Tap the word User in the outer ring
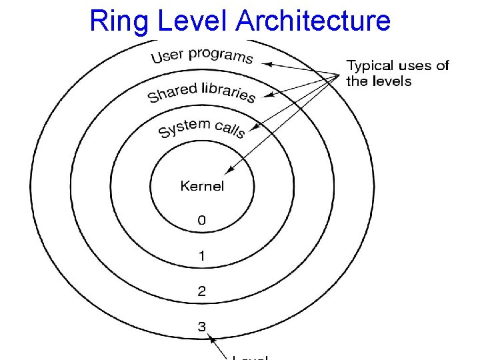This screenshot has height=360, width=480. [167, 55]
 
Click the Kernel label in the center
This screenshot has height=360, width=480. [202, 186]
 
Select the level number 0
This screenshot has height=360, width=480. [201, 220]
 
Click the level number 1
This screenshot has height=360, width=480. [201, 255]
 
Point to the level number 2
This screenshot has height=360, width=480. [201, 291]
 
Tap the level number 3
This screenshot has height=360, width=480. [201, 327]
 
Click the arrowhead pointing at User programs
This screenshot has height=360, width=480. [265, 64]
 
